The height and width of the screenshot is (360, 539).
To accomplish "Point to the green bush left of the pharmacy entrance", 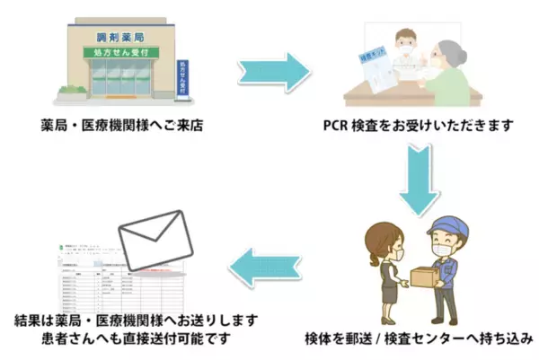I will click(71, 90).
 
